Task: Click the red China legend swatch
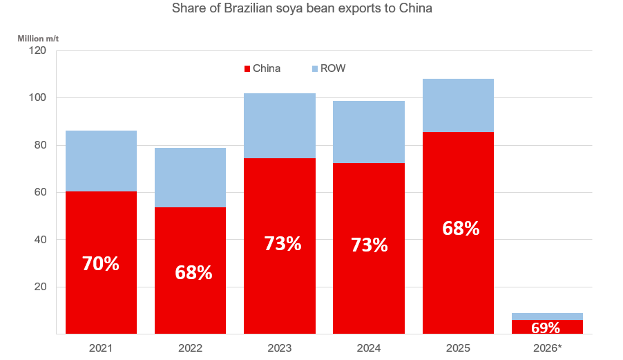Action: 247,68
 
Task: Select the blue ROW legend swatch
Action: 315,68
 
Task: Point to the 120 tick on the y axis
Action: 36,50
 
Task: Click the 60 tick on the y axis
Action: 39,192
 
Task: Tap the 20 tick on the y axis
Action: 39,287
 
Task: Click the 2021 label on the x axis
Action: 101,348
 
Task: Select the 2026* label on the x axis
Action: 547,348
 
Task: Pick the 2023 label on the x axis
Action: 279,348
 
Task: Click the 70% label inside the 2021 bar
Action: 101,263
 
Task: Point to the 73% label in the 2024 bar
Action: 369,245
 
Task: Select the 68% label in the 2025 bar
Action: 461,229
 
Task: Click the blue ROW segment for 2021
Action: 101,161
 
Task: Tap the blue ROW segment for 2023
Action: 280,126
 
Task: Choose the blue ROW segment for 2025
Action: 458,105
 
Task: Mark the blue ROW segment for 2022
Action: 190,178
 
